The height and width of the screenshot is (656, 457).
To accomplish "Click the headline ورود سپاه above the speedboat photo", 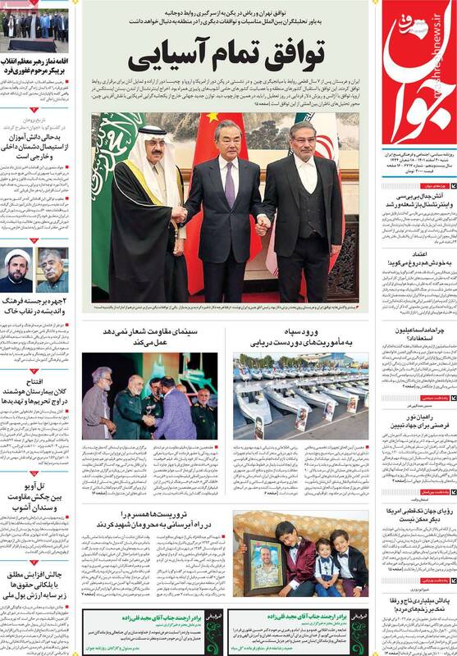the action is (299, 331).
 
